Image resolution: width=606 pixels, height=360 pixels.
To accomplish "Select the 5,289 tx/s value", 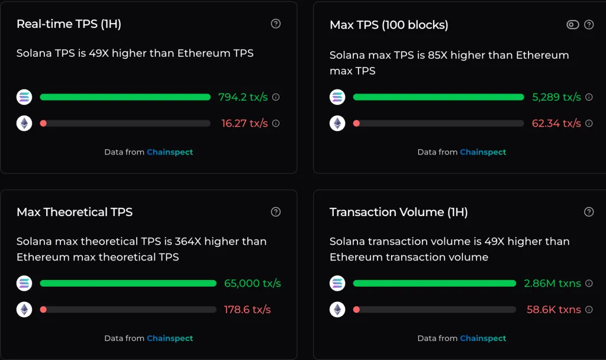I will click(556, 97).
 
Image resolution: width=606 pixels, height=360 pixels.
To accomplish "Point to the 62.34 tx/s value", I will click(556, 123).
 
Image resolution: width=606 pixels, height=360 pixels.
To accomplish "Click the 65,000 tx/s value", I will click(252, 283).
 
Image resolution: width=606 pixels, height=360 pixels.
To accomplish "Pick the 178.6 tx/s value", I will click(247, 309).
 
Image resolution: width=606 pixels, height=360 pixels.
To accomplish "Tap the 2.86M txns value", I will click(552, 283).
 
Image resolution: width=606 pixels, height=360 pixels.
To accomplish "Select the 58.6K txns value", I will click(553, 309).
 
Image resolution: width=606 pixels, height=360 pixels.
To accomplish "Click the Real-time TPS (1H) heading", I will click(69, 24).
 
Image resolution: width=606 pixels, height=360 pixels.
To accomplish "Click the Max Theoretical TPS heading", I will click(75, 212).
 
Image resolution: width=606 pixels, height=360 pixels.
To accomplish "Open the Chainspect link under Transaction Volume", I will click(483, 338).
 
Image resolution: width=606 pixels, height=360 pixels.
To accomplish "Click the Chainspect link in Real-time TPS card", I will click(170, 152).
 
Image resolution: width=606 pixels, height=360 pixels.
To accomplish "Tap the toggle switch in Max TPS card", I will click(572, 24).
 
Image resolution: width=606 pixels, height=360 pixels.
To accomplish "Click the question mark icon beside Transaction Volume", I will click(589, 211).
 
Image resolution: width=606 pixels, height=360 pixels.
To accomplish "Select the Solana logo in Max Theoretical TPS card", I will click(24, 283).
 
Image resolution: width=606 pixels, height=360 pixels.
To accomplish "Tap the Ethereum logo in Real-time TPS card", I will click(24, 123).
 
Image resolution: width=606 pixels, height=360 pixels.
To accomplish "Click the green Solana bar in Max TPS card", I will click(438, 97).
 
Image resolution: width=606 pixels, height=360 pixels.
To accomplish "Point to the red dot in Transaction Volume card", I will click(356, 309).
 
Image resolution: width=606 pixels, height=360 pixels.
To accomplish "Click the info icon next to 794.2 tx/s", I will click(276, 97).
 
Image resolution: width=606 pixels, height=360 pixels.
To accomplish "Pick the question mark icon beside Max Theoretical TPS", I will click(276, 211).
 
